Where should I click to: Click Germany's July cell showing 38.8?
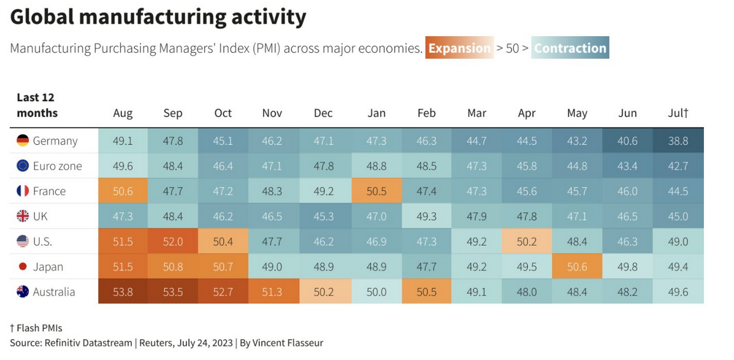coord(678,141)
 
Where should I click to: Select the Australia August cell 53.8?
coord(123,292)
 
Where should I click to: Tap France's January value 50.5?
coord(377,191)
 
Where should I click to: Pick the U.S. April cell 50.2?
coord(527,242)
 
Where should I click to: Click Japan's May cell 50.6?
coord(577,267)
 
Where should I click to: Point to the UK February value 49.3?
coord(426,216)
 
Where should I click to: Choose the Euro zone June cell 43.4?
coord(627,166)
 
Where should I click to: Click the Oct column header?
coord(223,113)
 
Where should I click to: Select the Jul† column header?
coord(678,113)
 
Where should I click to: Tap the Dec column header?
coord(323,113)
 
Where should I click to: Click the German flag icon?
coord(23,140)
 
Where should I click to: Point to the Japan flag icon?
coord(23,267)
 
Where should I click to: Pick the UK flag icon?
coord(23,216)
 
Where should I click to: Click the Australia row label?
coord(54,292)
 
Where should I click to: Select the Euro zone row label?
coord(57,166)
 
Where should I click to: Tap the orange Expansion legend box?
coord(459,48)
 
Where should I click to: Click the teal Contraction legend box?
coord(570,48)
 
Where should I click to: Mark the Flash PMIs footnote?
coord(36,328)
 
